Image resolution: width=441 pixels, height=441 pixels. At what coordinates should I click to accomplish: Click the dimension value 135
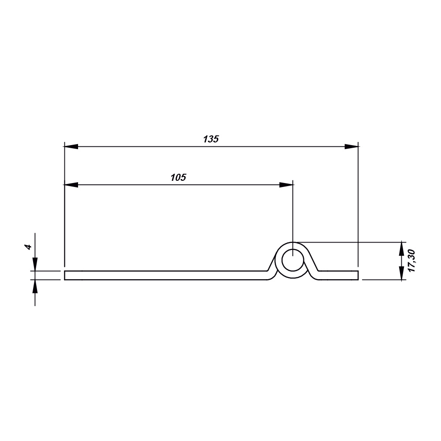point(211,139)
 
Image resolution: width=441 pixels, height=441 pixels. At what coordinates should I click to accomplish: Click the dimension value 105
point(178,178)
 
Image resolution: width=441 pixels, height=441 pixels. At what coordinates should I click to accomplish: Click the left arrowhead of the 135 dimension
point(71,146)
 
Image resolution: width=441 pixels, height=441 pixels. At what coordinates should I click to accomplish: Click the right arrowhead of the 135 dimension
point(351,146)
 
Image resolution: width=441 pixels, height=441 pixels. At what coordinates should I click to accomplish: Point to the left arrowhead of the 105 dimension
point(71,185)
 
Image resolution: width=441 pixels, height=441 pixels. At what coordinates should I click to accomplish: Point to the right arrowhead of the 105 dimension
point(286,185)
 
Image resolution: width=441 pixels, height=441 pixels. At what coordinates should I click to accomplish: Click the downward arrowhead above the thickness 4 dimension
point(35,264)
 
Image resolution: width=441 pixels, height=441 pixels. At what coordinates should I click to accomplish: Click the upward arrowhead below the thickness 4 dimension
point(35,286)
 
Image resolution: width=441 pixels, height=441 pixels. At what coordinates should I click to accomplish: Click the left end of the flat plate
point(66,275)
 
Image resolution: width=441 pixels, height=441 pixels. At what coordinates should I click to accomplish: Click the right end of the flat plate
point(357,275)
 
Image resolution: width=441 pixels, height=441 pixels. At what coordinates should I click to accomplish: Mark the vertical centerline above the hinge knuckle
point(293,212)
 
